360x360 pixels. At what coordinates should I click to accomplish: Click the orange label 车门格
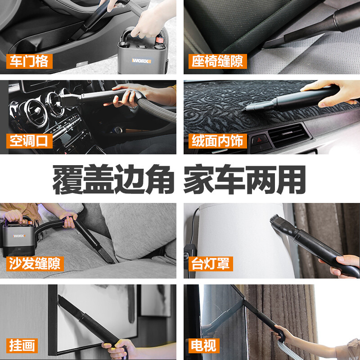29,61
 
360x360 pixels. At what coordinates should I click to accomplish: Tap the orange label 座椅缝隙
218,61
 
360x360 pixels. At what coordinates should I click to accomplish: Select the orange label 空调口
29,141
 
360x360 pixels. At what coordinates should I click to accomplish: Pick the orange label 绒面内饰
218,141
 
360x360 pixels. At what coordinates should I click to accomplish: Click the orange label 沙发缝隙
35,264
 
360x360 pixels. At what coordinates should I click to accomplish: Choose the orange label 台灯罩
211,264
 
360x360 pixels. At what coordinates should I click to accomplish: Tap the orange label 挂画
22,346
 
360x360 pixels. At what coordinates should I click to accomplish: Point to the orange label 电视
204,346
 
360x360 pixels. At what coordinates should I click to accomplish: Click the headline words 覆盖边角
113,179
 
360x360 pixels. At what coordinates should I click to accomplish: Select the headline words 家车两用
245,179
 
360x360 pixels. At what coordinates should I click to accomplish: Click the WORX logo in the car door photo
141,61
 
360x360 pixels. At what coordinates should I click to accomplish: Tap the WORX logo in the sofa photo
19,236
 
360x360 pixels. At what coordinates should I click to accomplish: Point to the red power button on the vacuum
160,40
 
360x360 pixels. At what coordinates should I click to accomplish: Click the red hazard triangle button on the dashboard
260,140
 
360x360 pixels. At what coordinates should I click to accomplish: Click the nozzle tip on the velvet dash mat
245,109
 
